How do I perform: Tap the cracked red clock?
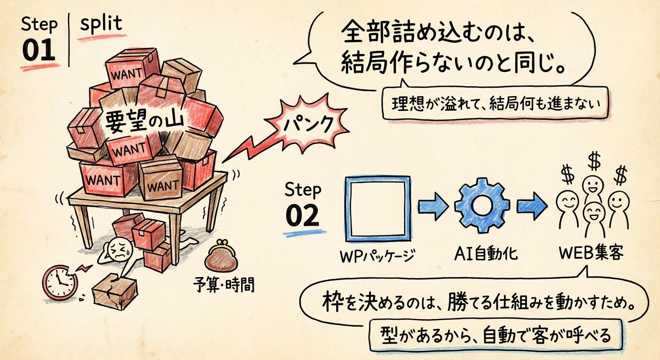(60, 282)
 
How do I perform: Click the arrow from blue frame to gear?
(432, 206)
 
